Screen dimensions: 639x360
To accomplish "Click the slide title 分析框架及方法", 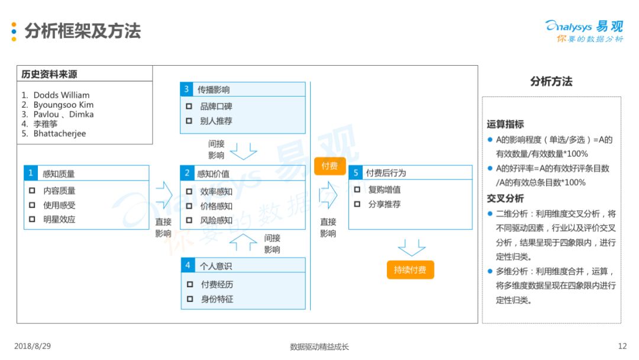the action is [x=83, y=31].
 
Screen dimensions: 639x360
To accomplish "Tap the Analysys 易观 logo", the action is [x=585, y=31].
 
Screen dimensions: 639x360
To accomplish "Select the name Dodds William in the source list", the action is [x=62, y=95].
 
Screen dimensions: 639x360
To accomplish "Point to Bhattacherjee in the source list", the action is [x=60, y=134].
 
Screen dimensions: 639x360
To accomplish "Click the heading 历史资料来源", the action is [x=49, y=74].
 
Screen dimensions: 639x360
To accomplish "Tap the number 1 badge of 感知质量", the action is [x=31, y=173].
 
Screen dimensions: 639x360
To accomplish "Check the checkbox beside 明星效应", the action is [x=32, y=219].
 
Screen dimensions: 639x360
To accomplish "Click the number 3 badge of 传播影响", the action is [x=186, y=89].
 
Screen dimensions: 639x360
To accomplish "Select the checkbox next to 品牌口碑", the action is [x=189, y=107].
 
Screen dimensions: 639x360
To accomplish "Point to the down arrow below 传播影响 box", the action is [x=243, y=151].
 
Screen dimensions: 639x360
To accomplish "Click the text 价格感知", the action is [x=216, y=206].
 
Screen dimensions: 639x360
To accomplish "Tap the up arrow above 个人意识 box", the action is [x=243, y=242].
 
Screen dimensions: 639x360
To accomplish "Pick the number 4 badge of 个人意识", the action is [x=188, y=265].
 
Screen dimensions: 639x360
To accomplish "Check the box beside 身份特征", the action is [x=190, y=299].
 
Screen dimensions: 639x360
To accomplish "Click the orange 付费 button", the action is [x=330, y=166].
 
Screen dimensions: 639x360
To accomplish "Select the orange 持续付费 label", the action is [x=410, y=270].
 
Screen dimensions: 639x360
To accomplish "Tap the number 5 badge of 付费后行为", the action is [x=356, y=173].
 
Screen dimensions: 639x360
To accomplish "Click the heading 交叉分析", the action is [x=505, y=198].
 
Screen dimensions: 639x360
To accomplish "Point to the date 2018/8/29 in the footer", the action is [x=33, y=346].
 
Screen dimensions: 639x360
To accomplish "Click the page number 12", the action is [x=622, y=346].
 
